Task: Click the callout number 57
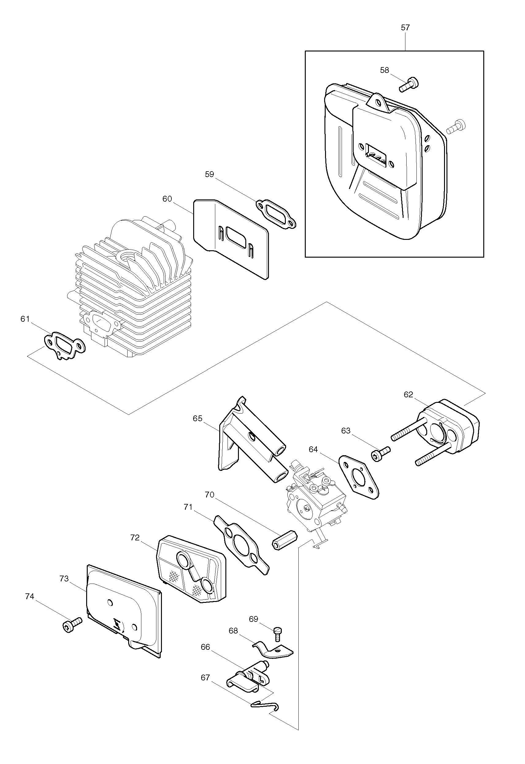point(405,28)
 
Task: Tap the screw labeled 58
point(409,84)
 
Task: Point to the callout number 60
point(167,199)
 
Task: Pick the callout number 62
point(408,395)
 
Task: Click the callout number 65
point(198,418)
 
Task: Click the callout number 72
point(135,538)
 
